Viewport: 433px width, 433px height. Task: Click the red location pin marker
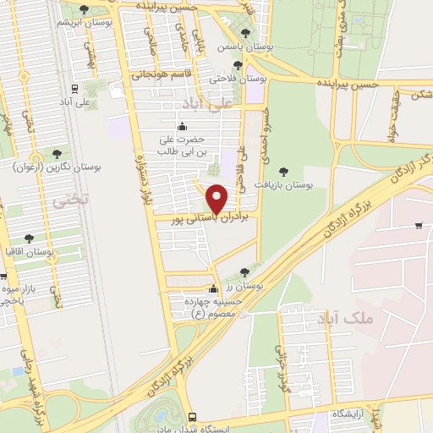(x=217, y=198)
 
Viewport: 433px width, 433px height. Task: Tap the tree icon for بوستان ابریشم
(x=83, y=9)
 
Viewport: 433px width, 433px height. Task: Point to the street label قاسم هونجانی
(x=161, y=74)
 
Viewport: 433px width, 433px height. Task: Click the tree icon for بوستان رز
(x=244, y=272)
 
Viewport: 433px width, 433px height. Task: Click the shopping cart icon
(x=419, y=225)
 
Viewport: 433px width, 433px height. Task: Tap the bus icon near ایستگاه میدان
(x=193, y=417)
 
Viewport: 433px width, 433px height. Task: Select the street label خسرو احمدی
(x=261, y=118)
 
